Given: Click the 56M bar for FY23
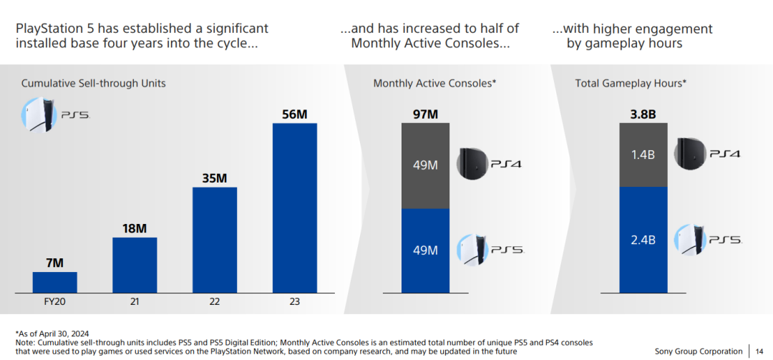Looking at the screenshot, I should (x=295, y=208).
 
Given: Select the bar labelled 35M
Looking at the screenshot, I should (x=215, y=240).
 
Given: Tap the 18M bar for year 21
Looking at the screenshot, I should (x=135, y=265).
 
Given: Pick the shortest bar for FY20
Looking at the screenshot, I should (x=55, y=282).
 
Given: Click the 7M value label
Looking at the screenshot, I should (x=55, y=263).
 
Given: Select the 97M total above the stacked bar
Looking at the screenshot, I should (x=425, y=115).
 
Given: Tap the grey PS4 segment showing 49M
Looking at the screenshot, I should (x=425, y=165).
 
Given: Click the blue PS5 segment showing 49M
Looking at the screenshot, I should (x=425, y=250).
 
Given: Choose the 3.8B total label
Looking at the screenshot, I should (x=643, y=115).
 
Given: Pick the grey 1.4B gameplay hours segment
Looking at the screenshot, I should (x=643, y=155).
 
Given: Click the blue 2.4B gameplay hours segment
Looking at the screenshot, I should (x=643, y=240).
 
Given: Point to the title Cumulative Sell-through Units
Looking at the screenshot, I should (x=93, y=84).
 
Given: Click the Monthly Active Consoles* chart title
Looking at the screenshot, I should (x=434, y=84).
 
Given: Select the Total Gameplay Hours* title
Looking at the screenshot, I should (x=631, y=84).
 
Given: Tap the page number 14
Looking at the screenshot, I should (x=759, y=351).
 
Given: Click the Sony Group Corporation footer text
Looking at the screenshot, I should (x=699, y=351).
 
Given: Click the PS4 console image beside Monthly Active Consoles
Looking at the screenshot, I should (x=472, y=164).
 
